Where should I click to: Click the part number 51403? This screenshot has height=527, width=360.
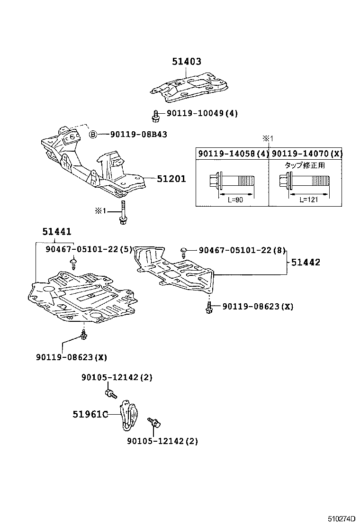[186, 62]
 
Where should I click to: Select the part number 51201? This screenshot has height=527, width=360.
[171, 179]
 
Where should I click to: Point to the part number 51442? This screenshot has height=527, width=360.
[306, 262]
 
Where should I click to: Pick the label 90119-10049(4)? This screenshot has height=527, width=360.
[202, 114]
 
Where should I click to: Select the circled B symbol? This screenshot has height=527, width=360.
[93, 135]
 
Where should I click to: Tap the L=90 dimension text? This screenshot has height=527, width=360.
[235, 200]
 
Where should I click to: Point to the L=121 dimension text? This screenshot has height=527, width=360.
[308, 200]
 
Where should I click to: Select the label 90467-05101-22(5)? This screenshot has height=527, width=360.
[89, 249]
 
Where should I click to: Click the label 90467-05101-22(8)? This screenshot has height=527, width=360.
[241, 249]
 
